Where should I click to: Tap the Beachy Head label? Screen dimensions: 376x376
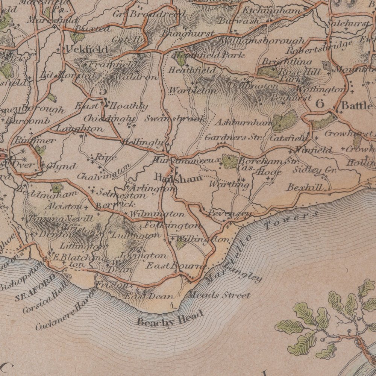(170, 318)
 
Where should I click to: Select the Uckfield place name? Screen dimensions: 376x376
(86, 49)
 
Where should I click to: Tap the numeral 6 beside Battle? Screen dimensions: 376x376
(320, 104)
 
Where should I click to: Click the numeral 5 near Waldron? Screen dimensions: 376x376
(102, 91)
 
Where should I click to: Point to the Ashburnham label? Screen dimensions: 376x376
(244, 123)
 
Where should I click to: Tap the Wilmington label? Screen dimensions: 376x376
(157, 214)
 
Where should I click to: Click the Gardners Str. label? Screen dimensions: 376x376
(233, 137)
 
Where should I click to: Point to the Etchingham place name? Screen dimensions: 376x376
(271, 11)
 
